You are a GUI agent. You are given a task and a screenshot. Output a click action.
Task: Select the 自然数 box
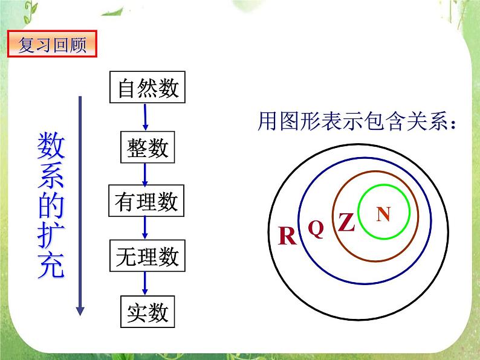coord(148,89)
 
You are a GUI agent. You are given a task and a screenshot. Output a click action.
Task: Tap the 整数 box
coord(148,147)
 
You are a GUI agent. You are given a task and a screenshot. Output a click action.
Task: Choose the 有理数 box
coord(146,201)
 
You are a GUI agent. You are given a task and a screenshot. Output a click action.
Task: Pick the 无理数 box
coord(146,256)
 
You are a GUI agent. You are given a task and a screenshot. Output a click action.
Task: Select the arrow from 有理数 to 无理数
coord(145,228)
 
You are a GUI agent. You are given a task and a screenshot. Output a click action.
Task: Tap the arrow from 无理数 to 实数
coord(145,284)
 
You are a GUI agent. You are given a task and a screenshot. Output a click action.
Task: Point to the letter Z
coord(346,223)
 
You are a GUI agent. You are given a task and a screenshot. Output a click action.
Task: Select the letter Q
coord(316,228)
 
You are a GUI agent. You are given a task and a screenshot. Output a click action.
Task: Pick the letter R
coord(287,236)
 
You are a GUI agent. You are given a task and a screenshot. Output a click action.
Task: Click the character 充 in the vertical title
coord(51,266)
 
